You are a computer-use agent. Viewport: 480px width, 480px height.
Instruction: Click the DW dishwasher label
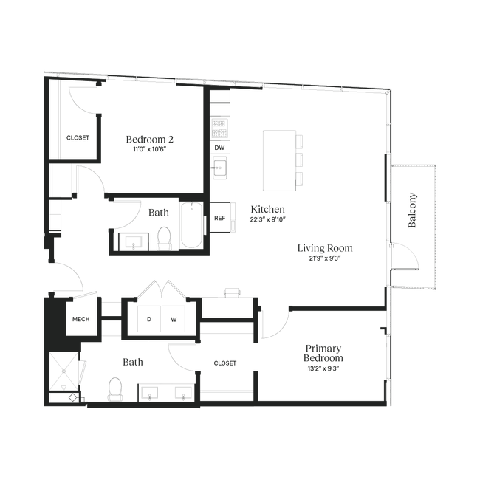click(x=219, y=148)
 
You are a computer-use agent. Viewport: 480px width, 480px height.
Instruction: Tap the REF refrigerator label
click(x=220, y=219)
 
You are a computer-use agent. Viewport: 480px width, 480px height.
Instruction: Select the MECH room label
click(x=80, y=319)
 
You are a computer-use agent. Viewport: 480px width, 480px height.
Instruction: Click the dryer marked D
click(x=149, y=319)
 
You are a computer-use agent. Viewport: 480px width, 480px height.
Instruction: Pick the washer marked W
click(x=174, y=319)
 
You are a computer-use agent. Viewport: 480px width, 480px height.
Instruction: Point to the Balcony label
click(x=412, y=210)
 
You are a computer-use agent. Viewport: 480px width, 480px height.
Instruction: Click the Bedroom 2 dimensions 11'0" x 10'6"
click(x=150, y=149)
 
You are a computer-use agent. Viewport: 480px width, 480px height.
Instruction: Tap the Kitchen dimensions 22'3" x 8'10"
click(x=268, y=219)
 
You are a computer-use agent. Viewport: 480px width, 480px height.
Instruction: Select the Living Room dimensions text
click(x=325, y=258)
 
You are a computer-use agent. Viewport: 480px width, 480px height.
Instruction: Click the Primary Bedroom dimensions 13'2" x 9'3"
click(x=323, y=368)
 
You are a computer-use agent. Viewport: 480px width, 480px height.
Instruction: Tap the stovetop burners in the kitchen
click(x=219, y=128)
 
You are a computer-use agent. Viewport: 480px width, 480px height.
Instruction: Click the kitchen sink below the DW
click(x=220, y=168)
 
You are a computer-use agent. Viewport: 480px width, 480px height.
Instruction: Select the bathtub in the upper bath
click(x=192, y=224)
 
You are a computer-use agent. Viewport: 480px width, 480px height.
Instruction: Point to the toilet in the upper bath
click(x=164, y=239)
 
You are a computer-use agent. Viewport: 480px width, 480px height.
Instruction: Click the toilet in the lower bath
click(x=115, y=388)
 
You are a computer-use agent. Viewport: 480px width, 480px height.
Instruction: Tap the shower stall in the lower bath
click(x=64, y=371)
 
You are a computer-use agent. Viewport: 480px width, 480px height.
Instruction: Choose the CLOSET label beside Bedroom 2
click(x=78, y=138)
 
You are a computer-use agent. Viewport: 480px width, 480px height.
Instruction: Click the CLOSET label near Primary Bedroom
click(x=225, y=363)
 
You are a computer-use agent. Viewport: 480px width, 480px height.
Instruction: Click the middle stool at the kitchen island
click(x=299, y=160)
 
